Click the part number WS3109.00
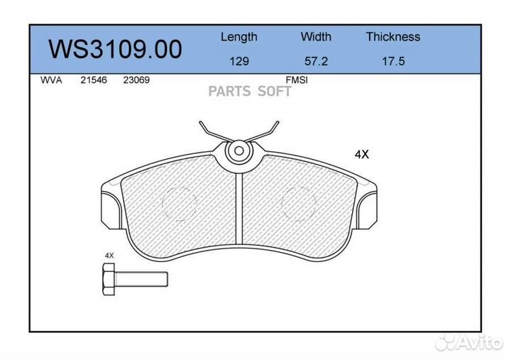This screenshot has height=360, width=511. (115, 49)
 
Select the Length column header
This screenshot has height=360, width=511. (238, 37)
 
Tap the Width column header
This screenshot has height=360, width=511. (316, 37)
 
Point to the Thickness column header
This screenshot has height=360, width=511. (392, 37)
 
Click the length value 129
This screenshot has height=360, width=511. (238, 61)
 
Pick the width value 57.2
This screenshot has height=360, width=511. (316, 61)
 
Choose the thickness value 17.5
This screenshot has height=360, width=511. (392, 61)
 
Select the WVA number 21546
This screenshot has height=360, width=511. (93, 80)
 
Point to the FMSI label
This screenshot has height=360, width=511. (296, 80)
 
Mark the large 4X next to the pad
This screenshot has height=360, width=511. (362, 153)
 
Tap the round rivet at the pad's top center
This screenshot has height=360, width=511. (238, 151)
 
